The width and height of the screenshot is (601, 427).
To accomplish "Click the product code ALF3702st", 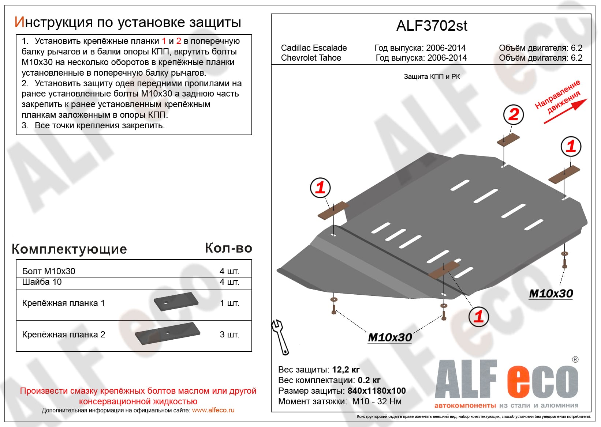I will [432, 26].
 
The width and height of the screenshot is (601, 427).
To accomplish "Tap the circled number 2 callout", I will [514, 114].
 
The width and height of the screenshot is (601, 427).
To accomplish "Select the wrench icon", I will [280, 337].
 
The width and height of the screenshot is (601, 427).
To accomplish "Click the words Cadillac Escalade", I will [314, 48].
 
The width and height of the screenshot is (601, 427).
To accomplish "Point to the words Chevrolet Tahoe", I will [311, 58].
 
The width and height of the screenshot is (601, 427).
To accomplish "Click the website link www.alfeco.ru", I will [213, 410].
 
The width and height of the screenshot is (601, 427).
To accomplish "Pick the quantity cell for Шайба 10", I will [229, 282].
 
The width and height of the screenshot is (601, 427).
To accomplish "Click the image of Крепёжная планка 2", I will [168, 333].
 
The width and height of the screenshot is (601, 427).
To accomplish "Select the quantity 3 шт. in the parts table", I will [229, 335].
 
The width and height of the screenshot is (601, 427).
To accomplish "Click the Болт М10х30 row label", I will [49, 271].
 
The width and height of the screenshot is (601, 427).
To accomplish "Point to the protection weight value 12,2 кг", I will [346, 370].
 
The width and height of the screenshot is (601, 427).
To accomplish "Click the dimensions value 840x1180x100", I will [377, 391].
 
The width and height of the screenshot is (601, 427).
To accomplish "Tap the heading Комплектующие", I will [69, 249].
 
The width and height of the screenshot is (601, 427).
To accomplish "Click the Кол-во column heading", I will [228, 248].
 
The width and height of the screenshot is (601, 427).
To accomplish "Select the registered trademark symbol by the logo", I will [575, 360].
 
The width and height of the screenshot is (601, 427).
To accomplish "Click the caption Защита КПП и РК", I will [432, 77].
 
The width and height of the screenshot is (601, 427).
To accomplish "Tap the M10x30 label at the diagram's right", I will [551, 294].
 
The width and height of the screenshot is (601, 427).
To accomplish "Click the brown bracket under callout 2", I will [508, 140].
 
